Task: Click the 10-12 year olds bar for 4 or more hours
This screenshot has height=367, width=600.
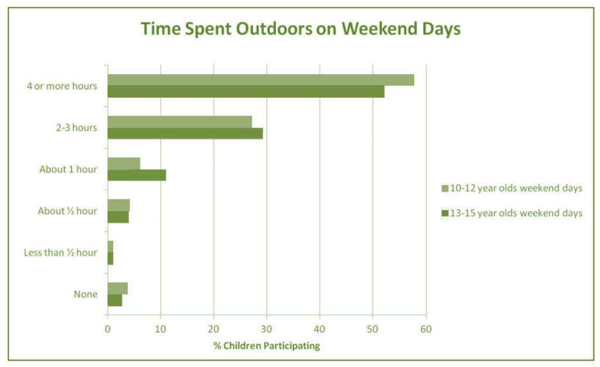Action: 261,80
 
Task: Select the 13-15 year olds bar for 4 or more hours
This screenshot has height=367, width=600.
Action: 246,91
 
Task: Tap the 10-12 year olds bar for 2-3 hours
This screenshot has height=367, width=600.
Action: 179,122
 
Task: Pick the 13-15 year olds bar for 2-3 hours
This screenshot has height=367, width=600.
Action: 185,133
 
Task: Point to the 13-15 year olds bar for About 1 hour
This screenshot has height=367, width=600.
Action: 137,175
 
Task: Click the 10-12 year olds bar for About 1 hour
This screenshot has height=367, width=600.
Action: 124,163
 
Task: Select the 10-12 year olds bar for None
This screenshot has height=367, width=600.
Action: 117,288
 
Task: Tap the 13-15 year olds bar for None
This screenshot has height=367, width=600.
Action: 115,300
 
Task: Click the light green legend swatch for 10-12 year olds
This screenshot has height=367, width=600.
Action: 445,188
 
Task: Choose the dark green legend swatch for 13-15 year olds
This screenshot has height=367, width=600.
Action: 445,213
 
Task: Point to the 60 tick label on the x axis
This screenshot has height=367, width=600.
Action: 426,329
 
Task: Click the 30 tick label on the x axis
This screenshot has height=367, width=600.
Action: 267,329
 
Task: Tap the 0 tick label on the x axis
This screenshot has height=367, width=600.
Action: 108,329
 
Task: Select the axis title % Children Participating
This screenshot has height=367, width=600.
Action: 267,346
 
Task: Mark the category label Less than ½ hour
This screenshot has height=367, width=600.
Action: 60,253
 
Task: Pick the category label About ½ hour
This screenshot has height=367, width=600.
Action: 67,211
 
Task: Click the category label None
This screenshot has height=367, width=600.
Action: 86,294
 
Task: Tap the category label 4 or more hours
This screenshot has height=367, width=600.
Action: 62,87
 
